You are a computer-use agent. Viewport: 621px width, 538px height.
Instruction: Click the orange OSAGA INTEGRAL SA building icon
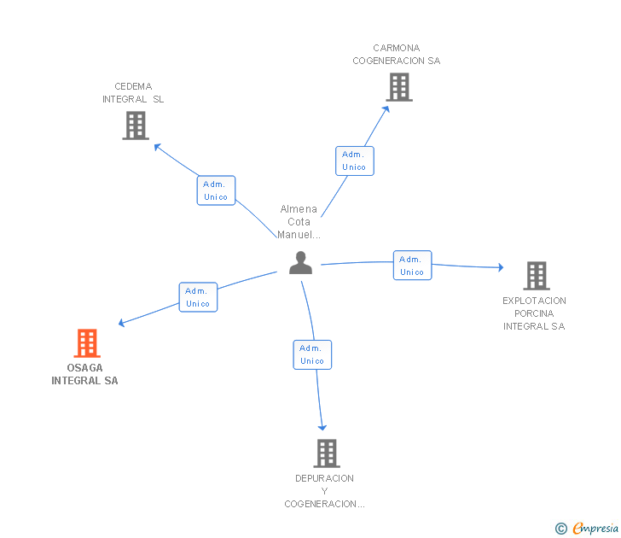(86, 343)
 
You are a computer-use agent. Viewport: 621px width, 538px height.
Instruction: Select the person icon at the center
(300, 263)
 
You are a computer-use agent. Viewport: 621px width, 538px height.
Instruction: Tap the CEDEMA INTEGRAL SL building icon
(135, 126)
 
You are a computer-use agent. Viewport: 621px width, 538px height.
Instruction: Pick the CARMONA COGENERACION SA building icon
(398, 87)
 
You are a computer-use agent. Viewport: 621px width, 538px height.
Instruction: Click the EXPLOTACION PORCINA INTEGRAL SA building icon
(536, 276)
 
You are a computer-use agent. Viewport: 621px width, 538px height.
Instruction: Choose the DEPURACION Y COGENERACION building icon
(326, 453)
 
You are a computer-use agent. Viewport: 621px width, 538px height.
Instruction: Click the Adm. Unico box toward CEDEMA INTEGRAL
(216, 190)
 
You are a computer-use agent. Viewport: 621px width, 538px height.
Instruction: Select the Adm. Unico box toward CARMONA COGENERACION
(354, 161)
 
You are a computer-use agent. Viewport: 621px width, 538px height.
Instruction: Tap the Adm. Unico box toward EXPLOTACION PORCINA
(412, 266)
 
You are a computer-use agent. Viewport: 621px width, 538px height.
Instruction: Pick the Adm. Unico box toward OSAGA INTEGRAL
(198, 297)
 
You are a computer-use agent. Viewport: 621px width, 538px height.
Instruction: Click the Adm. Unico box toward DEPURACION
(312, 354)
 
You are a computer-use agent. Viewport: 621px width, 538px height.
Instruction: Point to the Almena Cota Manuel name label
(299, 222)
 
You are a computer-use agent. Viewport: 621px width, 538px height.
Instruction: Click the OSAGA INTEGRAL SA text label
(84, 375)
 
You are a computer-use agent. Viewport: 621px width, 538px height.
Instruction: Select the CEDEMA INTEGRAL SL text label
(133, 92)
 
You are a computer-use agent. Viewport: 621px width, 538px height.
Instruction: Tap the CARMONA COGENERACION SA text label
(397, 55)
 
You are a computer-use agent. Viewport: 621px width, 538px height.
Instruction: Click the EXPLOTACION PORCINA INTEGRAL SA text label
(534, 313)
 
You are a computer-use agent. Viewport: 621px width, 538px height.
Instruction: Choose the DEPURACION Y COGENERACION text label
(324, 491)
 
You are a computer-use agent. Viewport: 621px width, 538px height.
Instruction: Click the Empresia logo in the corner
(595, 529)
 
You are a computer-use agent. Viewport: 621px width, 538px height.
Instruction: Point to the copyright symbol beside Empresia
(561, 529)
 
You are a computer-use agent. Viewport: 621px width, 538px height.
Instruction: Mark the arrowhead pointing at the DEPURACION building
(322, 426)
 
